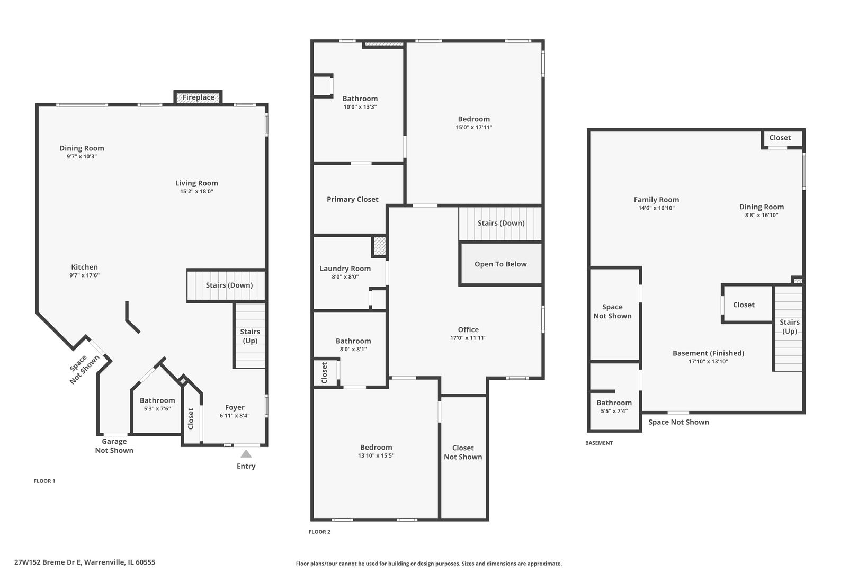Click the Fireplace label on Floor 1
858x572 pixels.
pos(199,97)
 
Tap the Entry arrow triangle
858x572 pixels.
pos(246,454)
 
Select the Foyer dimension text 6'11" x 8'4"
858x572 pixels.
pos(235,416)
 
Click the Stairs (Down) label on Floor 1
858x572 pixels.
pos(229,285)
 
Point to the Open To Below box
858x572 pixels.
pos(501,264)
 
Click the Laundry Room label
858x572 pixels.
pos(345,269)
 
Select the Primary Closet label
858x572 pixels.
pos(352,200)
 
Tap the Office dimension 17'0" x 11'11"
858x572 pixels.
pos(468,338)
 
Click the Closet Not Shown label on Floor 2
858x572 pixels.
pos(463,452)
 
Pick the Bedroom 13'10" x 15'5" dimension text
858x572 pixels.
pos(376,455)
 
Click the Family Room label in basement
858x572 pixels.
pos(656,200)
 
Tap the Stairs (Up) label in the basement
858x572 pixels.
pos(789,327)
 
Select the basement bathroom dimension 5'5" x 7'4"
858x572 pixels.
pos(614,411)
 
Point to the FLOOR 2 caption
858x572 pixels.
pos(319,532)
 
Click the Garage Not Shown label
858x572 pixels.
pos(114,446)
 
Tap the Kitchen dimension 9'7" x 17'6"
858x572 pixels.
pos(84,275)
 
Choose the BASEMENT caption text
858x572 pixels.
pos(598,443)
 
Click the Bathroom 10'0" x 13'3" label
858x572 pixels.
pos(360,99)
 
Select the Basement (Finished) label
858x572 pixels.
pos(708,353)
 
